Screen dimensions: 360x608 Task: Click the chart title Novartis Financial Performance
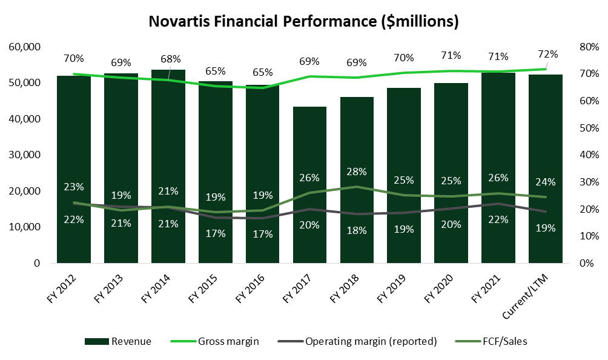click(303, 22)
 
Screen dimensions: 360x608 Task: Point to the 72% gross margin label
click(547, 54)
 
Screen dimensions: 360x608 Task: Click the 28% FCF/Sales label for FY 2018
click(357, 172)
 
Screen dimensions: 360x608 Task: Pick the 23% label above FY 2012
click(74, 187)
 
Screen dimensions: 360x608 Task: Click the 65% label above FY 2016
click(262, 72)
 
